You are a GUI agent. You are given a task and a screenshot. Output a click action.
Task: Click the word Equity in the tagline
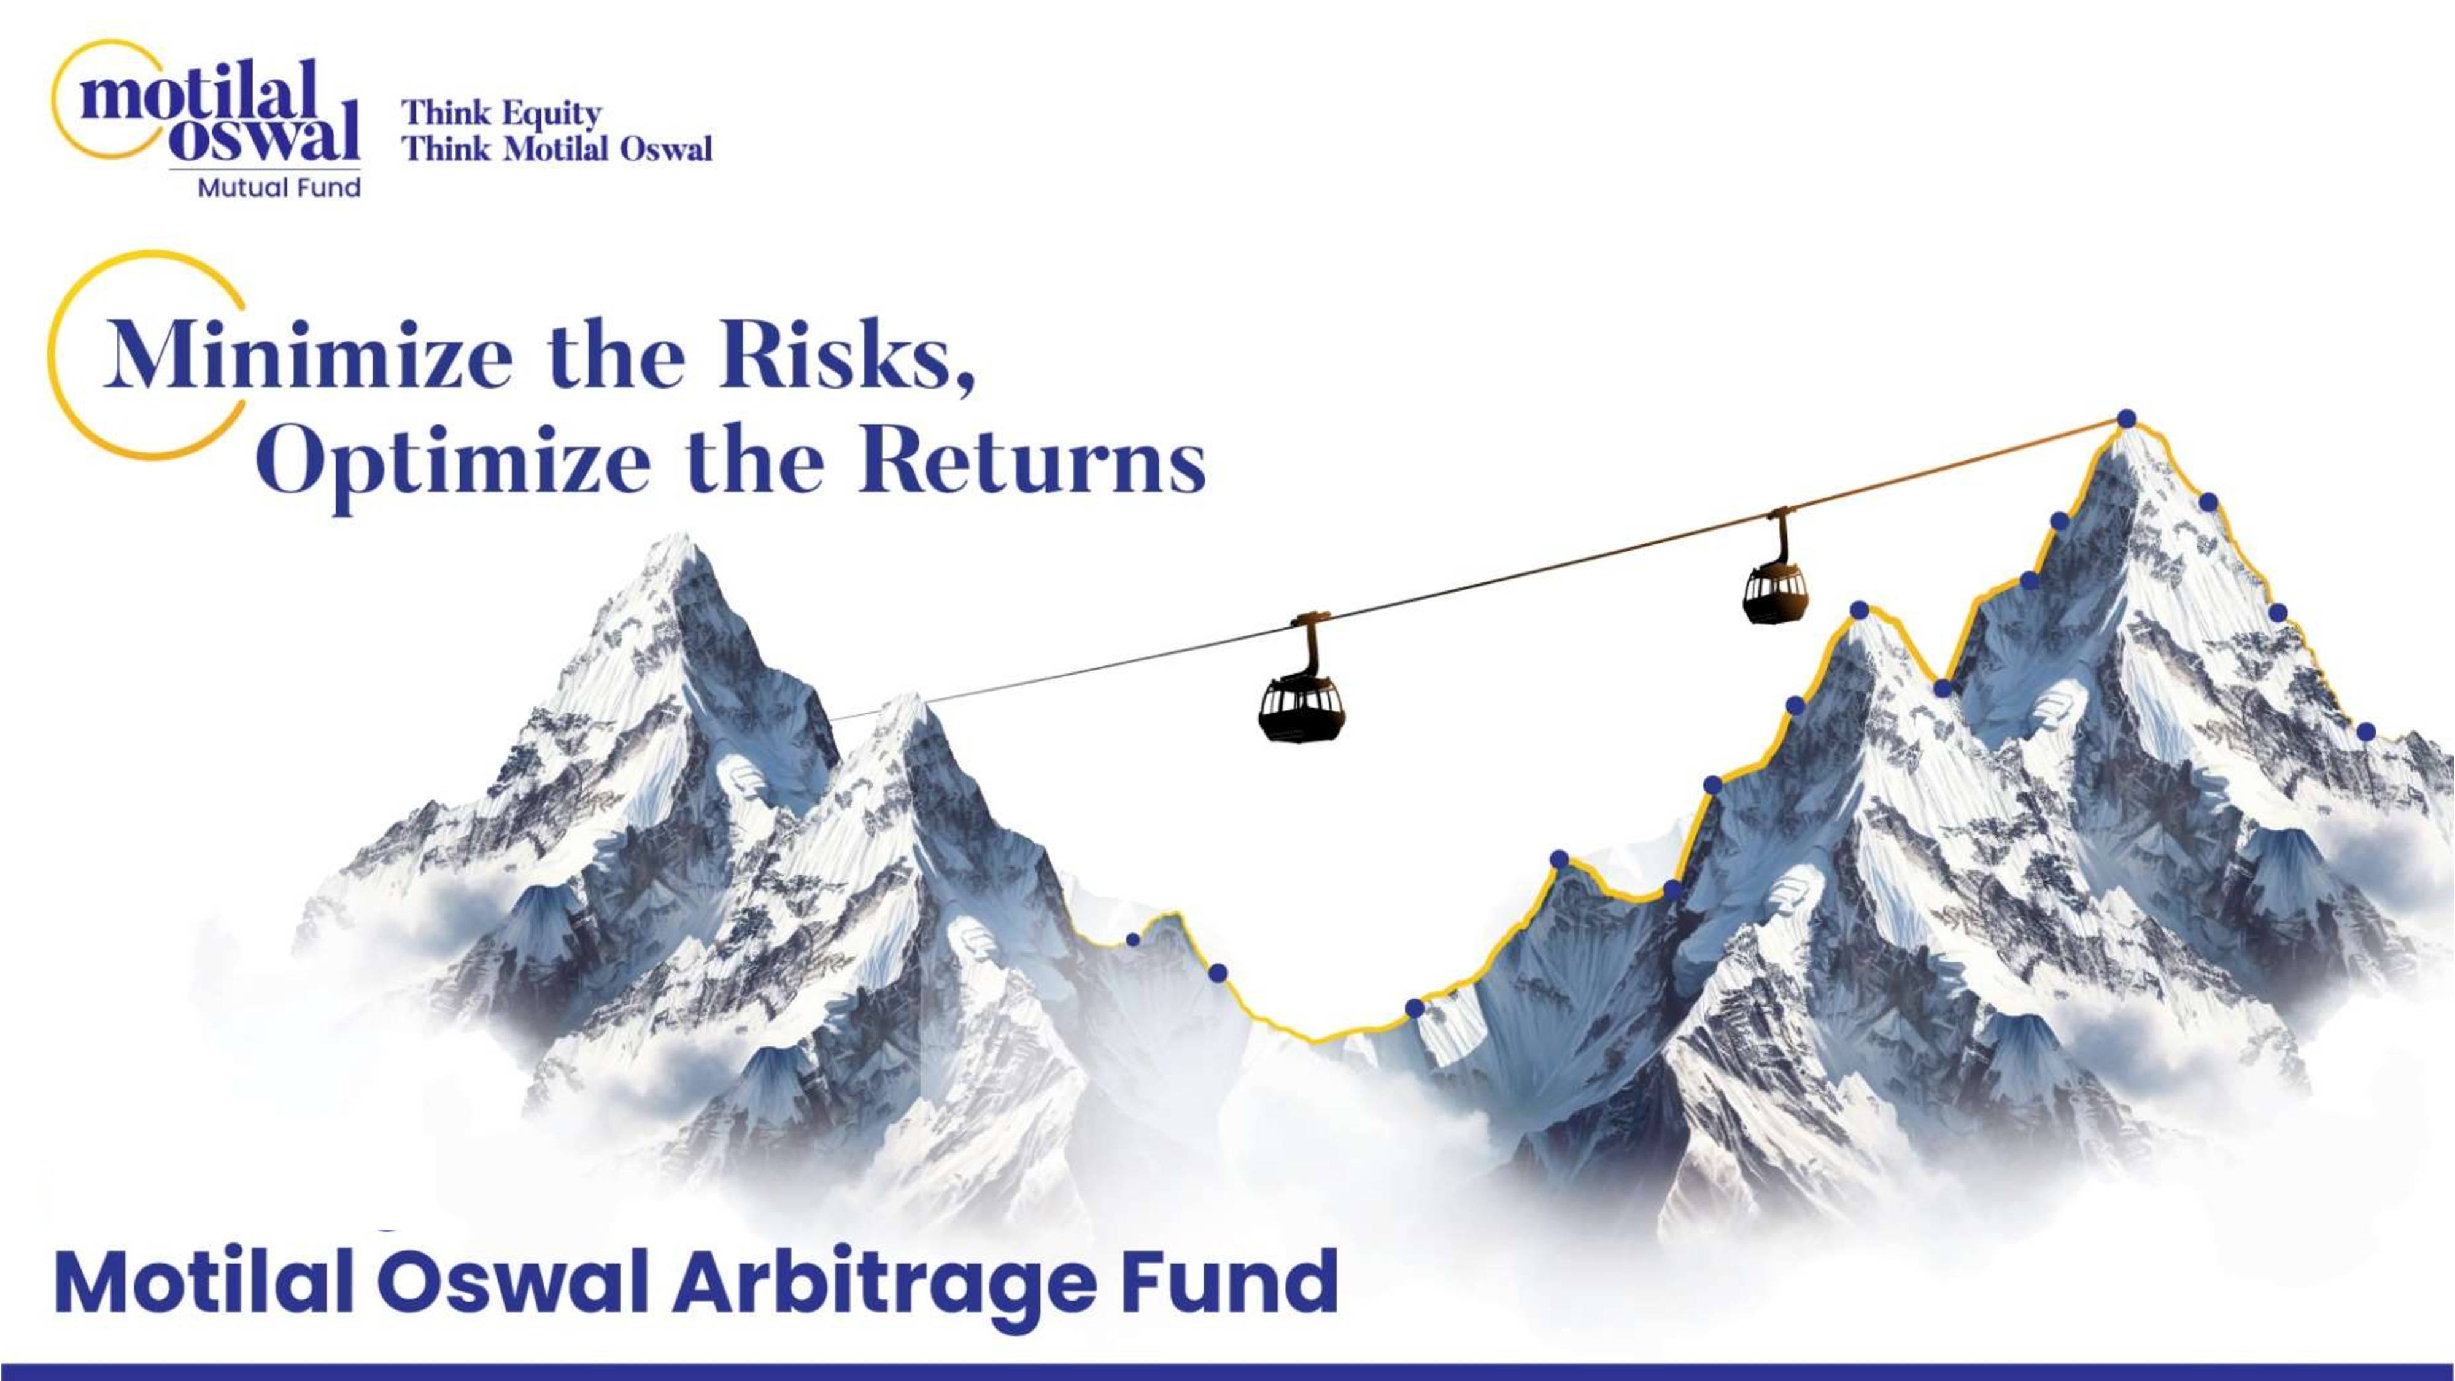click(x=552, y=114)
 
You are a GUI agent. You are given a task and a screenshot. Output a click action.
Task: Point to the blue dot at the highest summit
click(x=2126, y=419)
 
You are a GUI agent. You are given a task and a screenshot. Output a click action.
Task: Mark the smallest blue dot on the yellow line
click(x=1133, y=940)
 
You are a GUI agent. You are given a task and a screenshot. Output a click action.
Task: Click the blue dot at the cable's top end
click(x=2126, y=419)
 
